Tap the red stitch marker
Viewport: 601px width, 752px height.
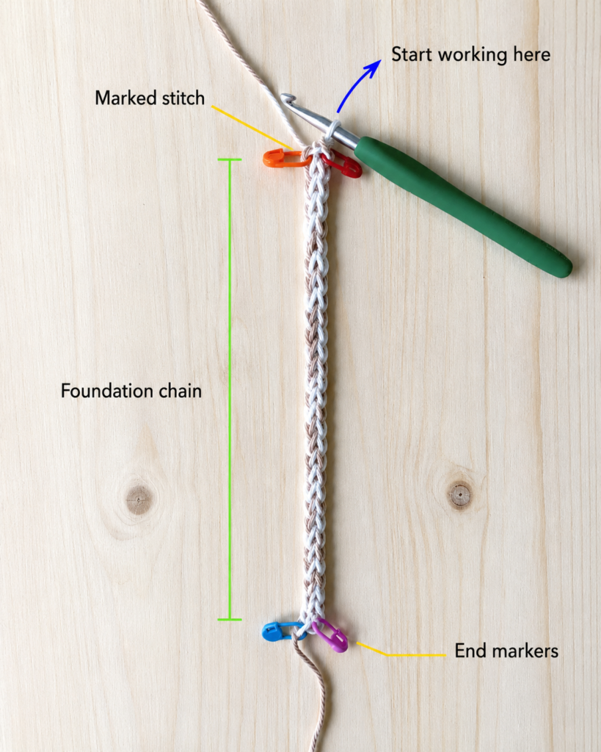click(344, 166)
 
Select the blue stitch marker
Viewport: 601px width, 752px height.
click(280, 630)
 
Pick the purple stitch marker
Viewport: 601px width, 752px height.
click(331, 635)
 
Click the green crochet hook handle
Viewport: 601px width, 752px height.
click(462, 206)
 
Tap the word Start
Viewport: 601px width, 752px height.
click(412, 54)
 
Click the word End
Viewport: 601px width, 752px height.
click(470, 651)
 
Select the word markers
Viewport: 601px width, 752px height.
click(525, 651)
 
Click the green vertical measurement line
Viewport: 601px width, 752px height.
click(230, 389)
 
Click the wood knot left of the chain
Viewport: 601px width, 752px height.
click(139, 499)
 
